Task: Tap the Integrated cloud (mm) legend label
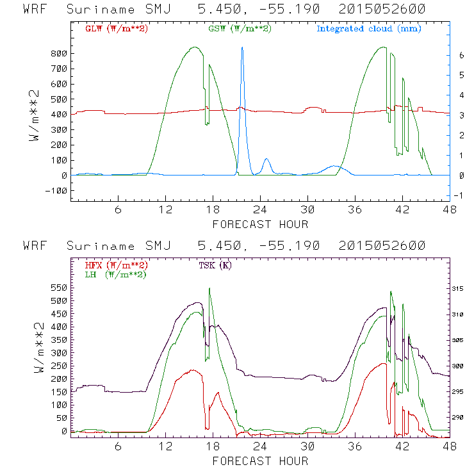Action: point(370,29)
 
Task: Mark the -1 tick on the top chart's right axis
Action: point(459,195)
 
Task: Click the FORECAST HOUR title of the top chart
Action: point(260,224)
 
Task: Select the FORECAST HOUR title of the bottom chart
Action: point(260,461)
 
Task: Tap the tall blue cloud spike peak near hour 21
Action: point(242,47)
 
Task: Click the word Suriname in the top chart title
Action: point(105,10)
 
